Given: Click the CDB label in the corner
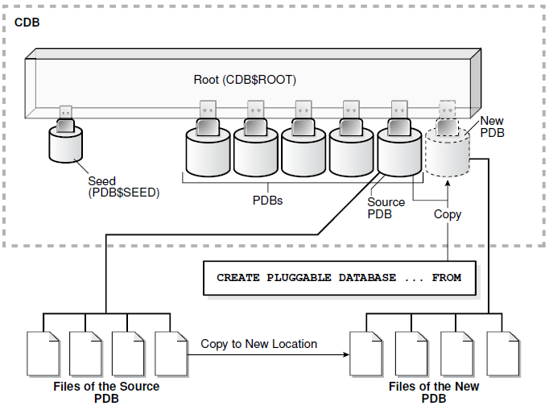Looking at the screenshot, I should click(27, 22).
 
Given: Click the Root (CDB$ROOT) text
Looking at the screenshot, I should click(245, 80).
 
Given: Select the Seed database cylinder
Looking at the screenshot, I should click(65, 145).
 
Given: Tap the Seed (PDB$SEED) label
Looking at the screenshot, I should click(114, 187).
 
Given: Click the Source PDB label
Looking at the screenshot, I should click(384, 208).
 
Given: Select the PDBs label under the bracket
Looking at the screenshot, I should click(266, 201).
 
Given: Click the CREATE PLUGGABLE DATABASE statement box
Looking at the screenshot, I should click(339, 278).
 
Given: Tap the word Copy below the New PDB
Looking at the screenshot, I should click(448, 214).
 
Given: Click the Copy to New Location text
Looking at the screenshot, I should click(258, 344).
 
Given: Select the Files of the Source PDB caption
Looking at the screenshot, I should click(106, 392).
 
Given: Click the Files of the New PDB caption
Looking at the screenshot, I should click(434, 392).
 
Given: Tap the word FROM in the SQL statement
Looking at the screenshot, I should click(446, 278).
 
